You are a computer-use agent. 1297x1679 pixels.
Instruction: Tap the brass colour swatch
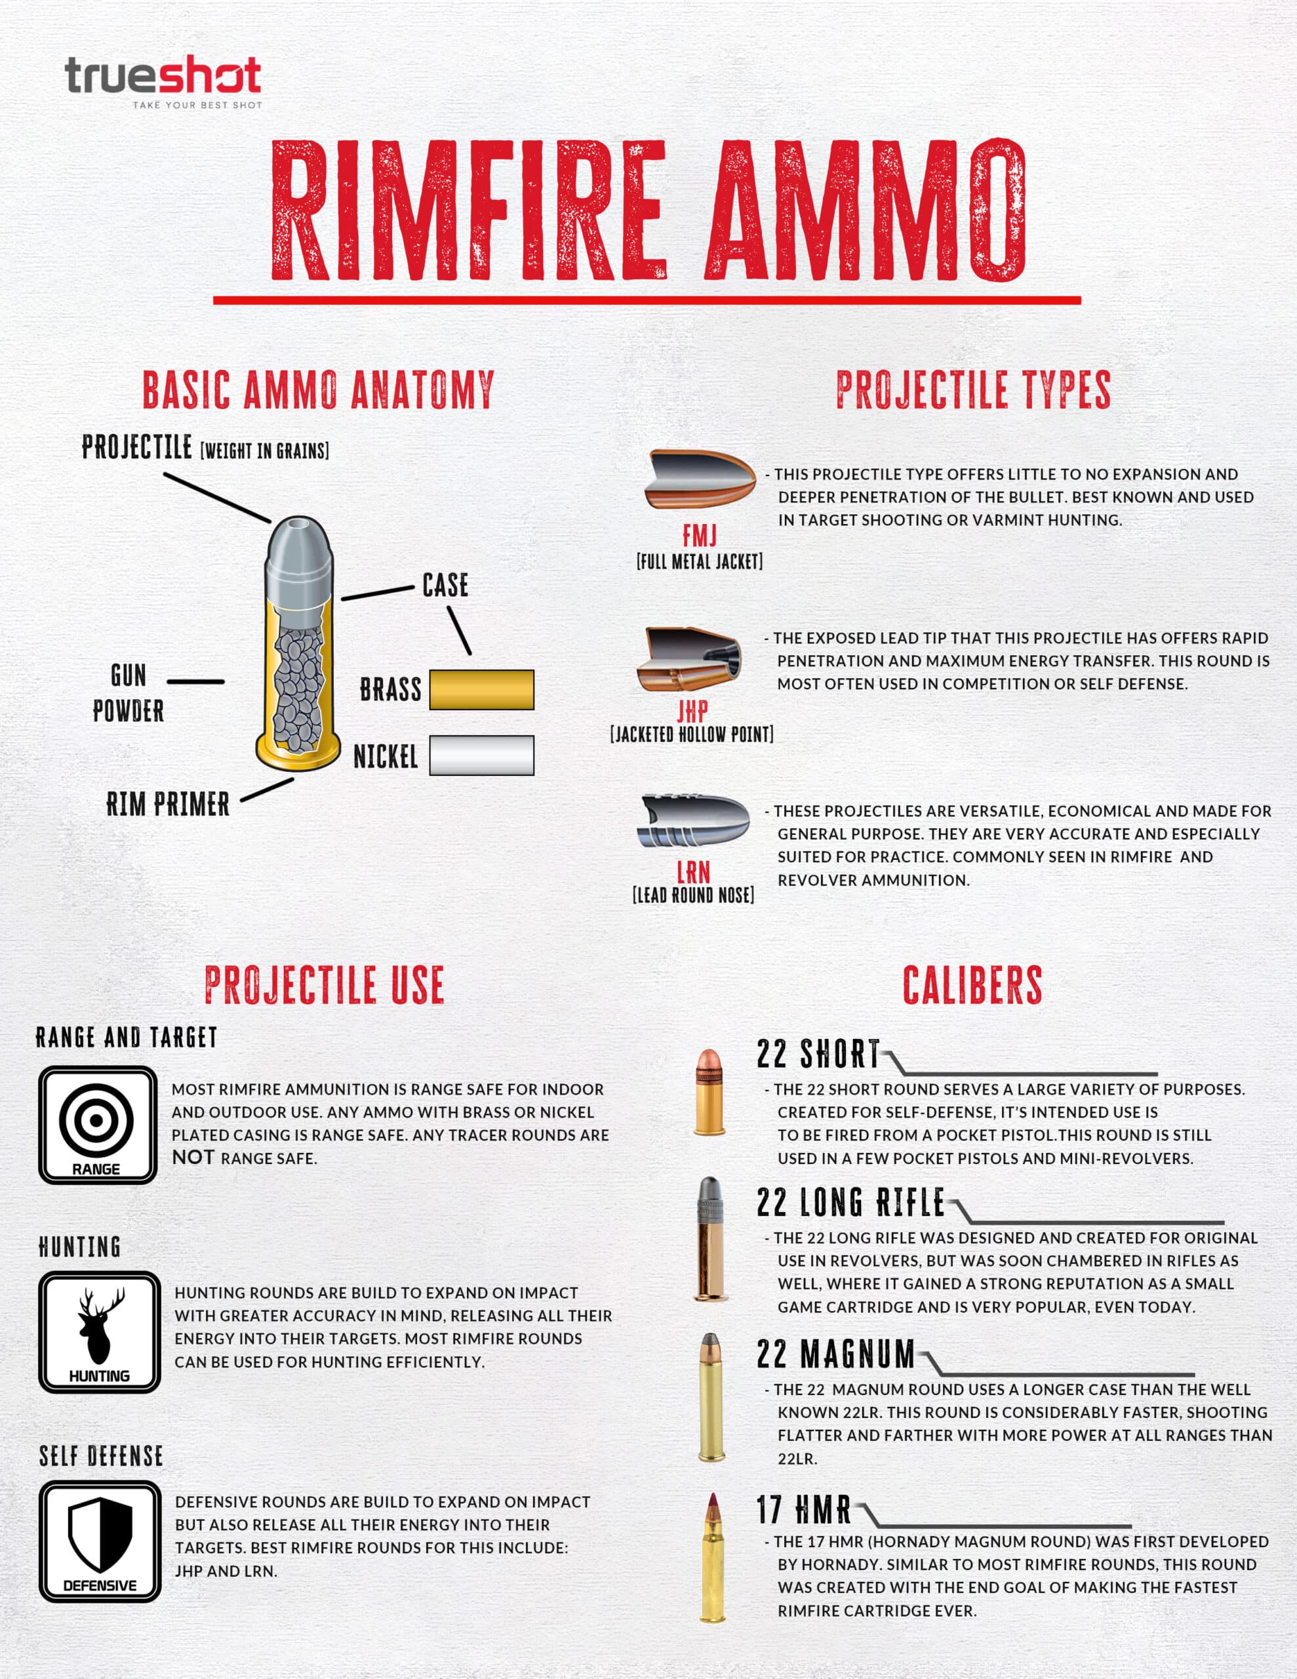click(x=481, y=689)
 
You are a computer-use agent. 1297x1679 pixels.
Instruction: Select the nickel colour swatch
click(x=481, y=755)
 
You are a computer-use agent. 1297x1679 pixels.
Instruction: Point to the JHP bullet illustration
click(x=689, y=658)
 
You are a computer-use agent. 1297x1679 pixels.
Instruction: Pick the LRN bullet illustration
click(x=694, y=820)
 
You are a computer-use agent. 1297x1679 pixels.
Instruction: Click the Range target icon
click(x=98, y=1125)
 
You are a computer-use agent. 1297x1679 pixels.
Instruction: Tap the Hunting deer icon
click(x=100, y=1332)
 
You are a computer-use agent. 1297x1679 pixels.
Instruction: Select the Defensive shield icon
click(x=100, y=1541)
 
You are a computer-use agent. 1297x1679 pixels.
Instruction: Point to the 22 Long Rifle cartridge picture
click(x=710, y=1238)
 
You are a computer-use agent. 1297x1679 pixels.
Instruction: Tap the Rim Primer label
click(x=168, y=804)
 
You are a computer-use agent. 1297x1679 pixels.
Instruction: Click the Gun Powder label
click(x=129, y=693)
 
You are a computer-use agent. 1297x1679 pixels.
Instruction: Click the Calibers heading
click(x=972, y=985)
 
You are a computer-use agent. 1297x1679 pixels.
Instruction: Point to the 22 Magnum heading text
click(x=836, y=1354)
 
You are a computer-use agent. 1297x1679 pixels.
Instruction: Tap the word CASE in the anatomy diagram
click(x=445, y=585)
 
